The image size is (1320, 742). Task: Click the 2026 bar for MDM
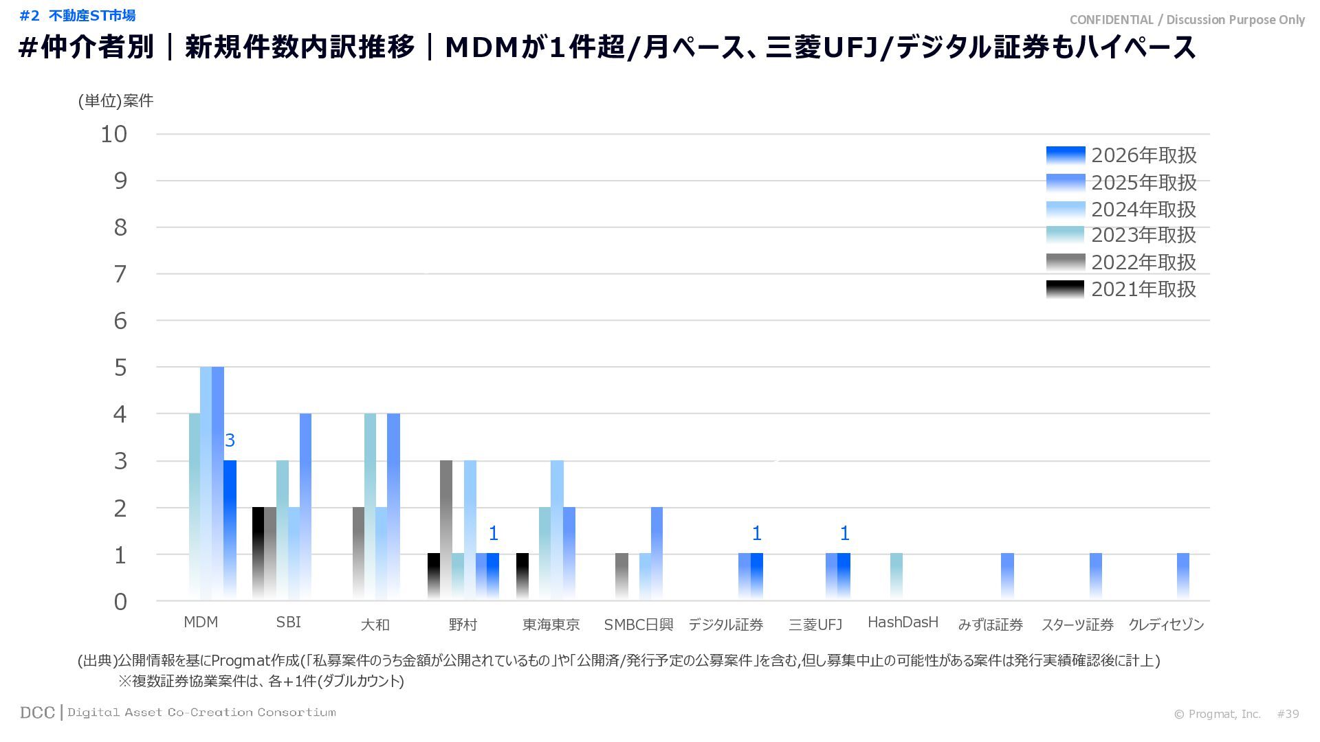click(x=230, y=529)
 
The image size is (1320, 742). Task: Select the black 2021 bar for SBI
click(x=258, y=553)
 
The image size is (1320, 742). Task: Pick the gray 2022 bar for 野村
click(x=446, y=529)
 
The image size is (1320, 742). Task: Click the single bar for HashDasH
click(x=896, y=576)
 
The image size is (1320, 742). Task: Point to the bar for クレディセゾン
click(x=1183, y=576)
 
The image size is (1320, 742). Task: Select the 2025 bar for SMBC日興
click(x=657, y=553)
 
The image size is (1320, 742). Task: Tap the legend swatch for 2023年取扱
click(x=1066, y=235)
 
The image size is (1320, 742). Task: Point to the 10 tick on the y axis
click(x=114, y=135)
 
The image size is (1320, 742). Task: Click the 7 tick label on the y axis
click(x=120, y=274)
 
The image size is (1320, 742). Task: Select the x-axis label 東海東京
click(x=551, y=625)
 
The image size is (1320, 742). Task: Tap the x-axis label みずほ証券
click(x=990, y=625)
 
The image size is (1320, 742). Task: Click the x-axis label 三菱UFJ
click(x=815, y=625)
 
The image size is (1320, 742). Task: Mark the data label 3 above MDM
click(x=230, y=440)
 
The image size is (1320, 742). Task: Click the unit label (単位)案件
click(x=115, y=101)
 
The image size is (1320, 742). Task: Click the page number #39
click(x=1288, y=714)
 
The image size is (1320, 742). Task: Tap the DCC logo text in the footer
click(x=37, y=712)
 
